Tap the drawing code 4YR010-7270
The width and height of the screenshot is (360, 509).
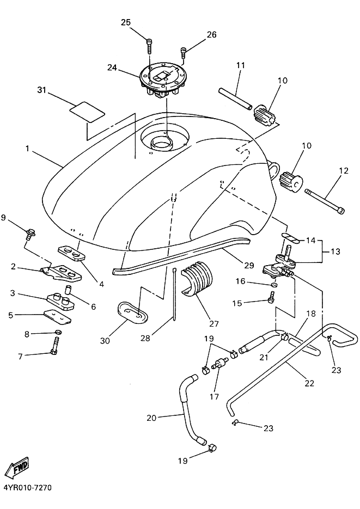28,488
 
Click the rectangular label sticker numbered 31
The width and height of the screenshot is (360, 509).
88,112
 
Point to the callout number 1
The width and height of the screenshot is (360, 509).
28,149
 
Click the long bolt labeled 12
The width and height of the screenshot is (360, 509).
325,201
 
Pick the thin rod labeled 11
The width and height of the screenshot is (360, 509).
235,99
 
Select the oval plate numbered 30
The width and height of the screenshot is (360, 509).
133,312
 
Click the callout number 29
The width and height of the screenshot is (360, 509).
249,265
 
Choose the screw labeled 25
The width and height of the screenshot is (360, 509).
149,46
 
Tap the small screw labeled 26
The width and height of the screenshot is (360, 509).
184,53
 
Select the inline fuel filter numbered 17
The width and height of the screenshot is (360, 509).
218,363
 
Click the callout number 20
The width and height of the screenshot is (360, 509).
151,418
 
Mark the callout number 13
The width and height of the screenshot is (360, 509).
335,252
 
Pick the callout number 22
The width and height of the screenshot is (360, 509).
310,383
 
